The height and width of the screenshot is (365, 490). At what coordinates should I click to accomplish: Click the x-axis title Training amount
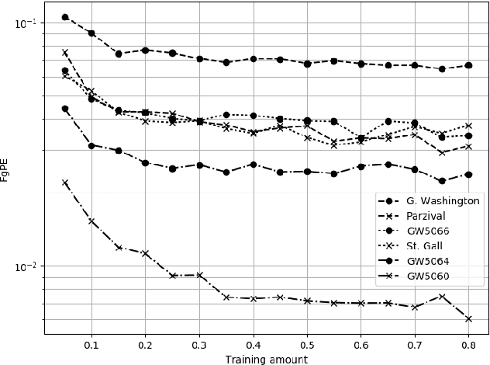[x=266, y=360]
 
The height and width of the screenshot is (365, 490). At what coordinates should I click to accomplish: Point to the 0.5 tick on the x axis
[x=307, y=344]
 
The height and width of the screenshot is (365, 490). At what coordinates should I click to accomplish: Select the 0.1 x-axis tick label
[x=91, y=344]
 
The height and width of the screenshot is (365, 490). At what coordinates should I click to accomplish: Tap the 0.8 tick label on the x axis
[x=468, y=344]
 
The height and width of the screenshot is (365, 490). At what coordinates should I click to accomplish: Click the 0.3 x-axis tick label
[x=199, y=344]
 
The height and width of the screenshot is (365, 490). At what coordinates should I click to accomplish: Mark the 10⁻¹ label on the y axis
[x=26, y=23]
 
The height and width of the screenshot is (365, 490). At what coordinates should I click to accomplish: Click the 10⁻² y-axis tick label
[x=26, y=266]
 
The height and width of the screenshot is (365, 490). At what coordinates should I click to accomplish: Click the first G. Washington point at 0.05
[x=65, y=17]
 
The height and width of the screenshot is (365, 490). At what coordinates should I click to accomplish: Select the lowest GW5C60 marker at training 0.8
[x=468, y=318]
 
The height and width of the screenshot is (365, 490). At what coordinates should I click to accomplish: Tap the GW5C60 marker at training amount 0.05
[x=65, y=182]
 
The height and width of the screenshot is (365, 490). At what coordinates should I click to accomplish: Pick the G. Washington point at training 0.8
[x=468, y=65]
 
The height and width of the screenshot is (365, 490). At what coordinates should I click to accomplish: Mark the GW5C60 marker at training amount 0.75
[x=442, y=297]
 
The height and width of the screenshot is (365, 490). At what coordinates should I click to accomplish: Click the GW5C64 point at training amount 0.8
[x=468, y=175]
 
